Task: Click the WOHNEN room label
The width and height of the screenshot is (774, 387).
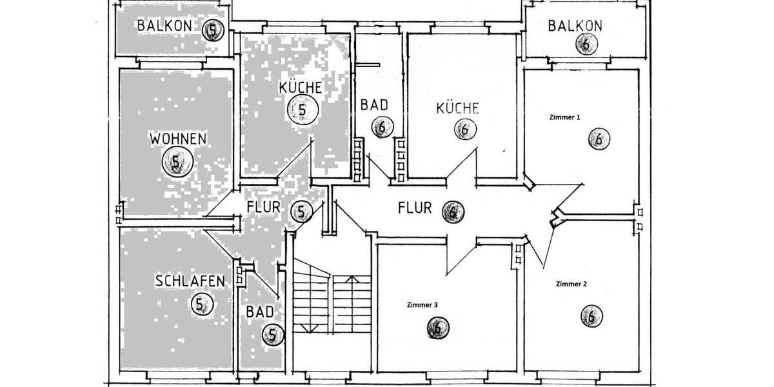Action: [178, 139]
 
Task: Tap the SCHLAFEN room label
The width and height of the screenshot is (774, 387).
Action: [190, 281]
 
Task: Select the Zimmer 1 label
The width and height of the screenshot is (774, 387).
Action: [564, 117]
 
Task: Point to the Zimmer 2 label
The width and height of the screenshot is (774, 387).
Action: [571, 284]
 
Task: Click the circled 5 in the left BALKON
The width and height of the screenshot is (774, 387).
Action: [213, 30]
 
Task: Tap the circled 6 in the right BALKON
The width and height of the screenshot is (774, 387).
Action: [586, 45]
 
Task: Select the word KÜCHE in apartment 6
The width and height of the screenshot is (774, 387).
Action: [457, 108]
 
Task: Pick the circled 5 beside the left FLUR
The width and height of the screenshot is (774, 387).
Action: [301, 211]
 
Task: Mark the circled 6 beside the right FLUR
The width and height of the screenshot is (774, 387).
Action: [453, 211]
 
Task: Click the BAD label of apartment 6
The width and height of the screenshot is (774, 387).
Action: [373, 104]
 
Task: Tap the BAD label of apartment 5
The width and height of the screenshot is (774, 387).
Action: [260, 312]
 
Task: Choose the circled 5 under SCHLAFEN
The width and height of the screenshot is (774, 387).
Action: [201, 304]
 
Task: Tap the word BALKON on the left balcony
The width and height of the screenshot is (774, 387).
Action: [164, 26]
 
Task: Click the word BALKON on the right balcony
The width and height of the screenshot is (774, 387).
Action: [575, 26]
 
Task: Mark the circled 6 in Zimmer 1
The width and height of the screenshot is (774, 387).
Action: [599, 139]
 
